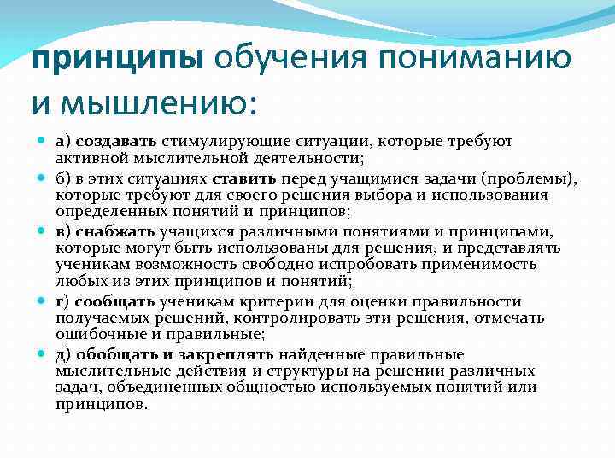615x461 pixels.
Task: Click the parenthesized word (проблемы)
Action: pyautogui.click(x=538, y=179)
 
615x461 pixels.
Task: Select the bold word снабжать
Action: pyautogui.click(x=116, y=230)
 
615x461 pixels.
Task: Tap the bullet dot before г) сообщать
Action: pyautogui.click(x=41, y=301)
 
